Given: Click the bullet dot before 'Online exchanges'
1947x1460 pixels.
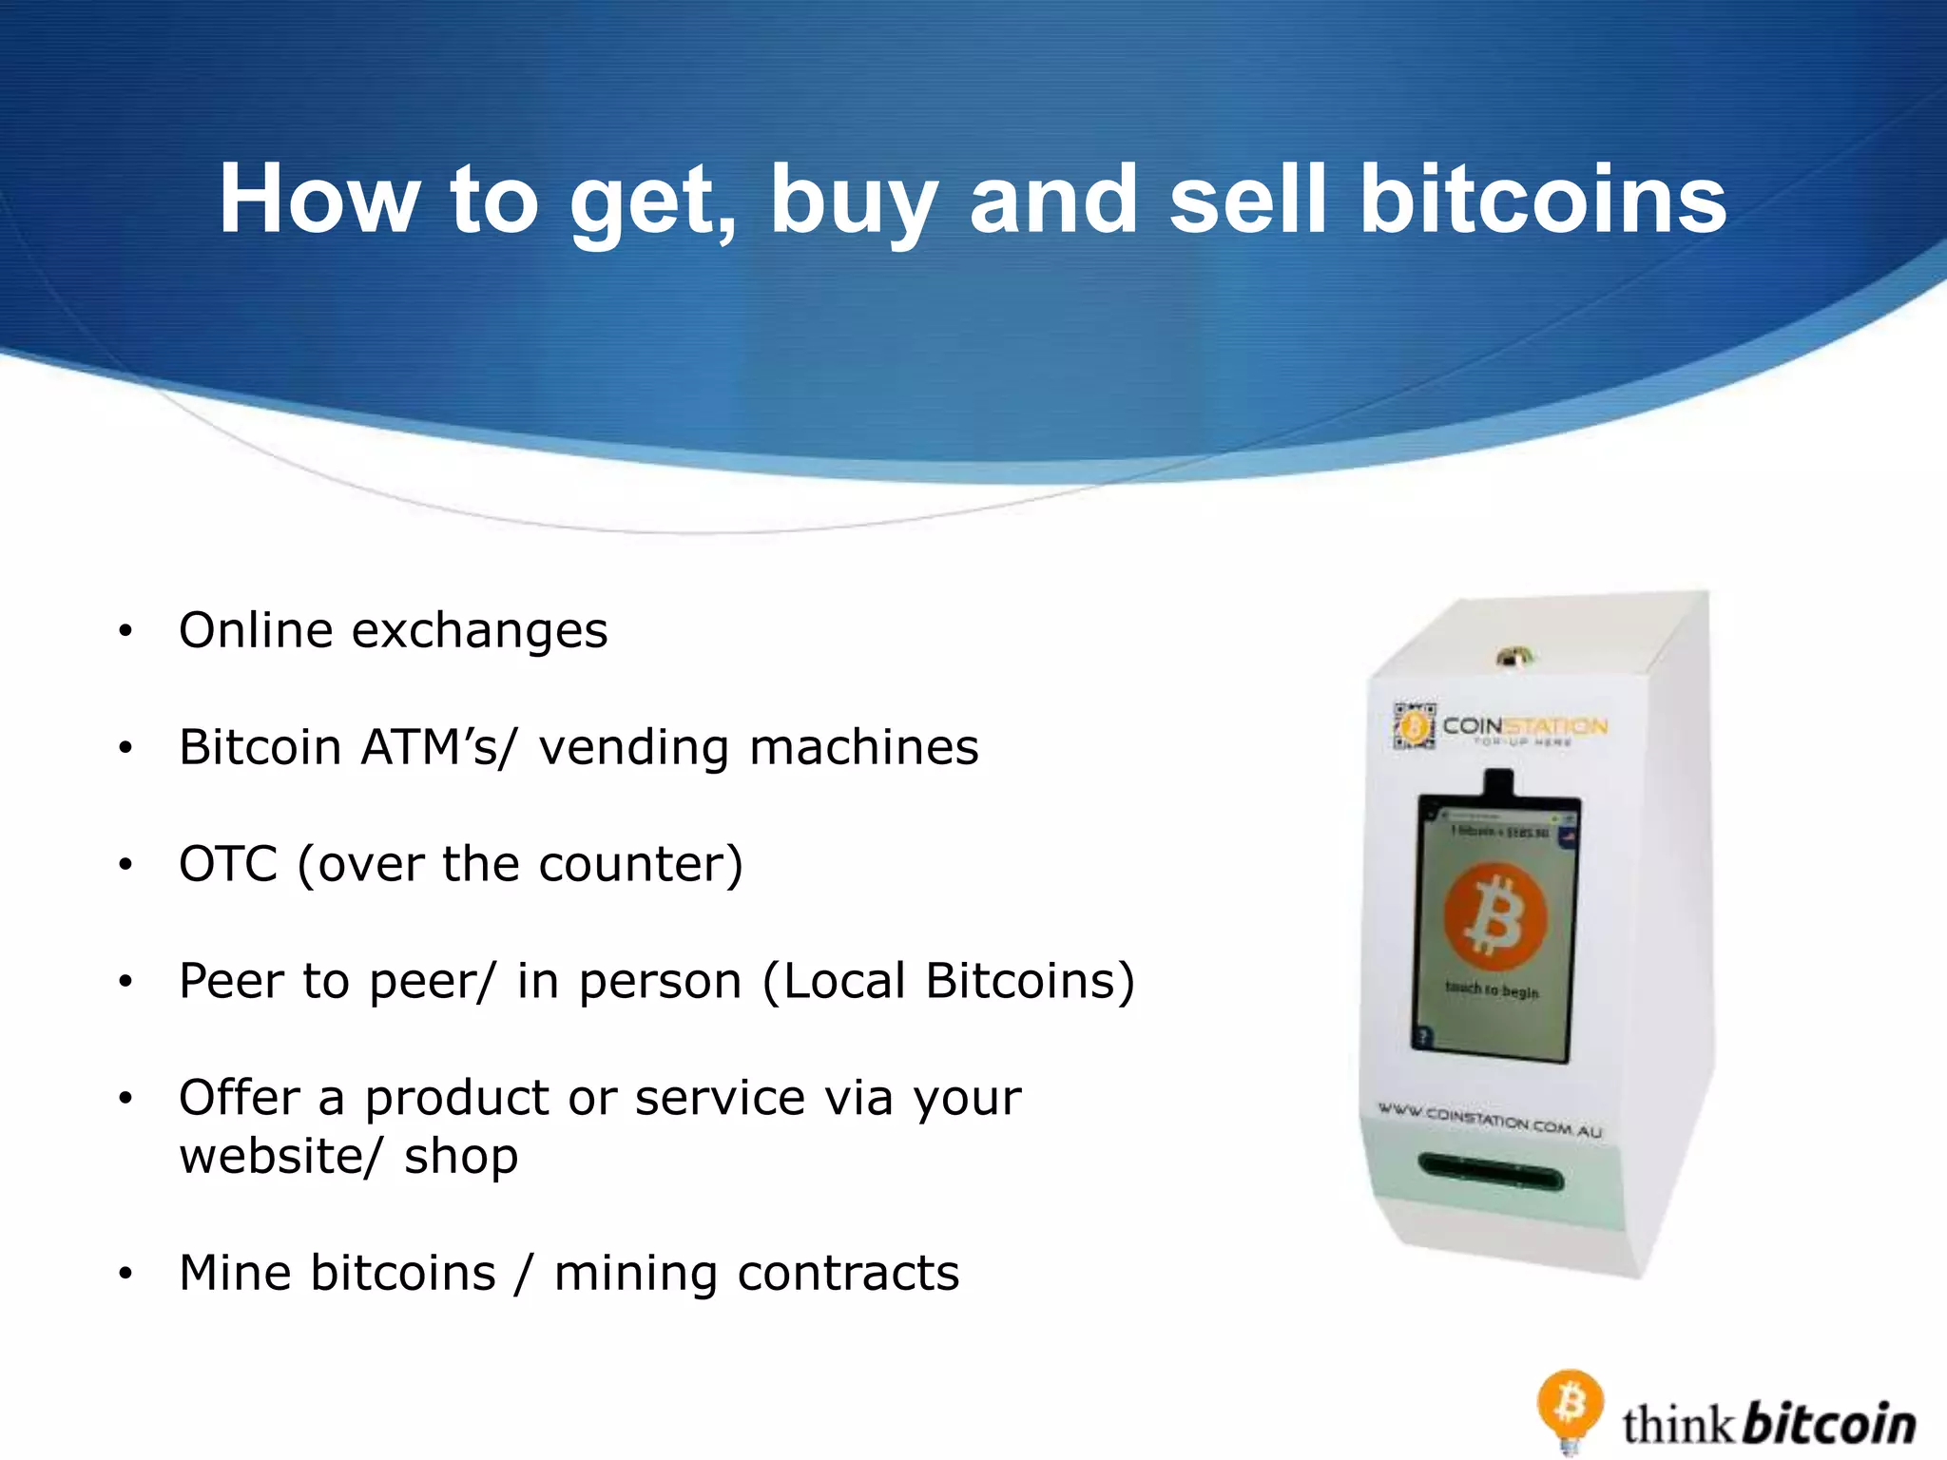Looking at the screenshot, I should click(125, 631).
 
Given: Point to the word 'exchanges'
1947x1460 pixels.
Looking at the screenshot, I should click(479, 631).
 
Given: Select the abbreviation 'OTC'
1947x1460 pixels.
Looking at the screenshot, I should click(228, 864).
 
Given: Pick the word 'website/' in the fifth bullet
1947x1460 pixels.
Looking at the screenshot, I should click(280, 1157).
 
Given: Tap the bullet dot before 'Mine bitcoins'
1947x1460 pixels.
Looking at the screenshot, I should click(125, 1274).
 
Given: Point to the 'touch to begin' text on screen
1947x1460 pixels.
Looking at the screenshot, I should click(1491, 990).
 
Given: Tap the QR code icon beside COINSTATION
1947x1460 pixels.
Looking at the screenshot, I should click(1414, 726).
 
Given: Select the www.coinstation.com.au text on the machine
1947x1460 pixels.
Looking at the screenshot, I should click(1490, 1120).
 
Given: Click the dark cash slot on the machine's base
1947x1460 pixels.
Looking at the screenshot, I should click(1490, 1172).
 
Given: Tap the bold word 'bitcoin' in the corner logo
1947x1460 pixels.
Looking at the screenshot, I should click(1830, 1424).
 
